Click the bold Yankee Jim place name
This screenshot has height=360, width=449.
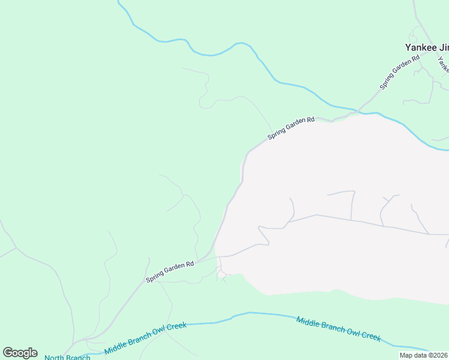point(427,47)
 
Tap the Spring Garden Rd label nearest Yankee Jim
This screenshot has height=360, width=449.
point(399,73)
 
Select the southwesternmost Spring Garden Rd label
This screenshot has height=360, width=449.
point(171,272)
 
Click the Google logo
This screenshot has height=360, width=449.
point(20,353)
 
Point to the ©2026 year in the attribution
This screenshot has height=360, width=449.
point(438,355)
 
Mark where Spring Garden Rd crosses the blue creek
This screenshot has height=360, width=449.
point(358,112)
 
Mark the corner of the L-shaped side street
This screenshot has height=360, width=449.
point(353,192)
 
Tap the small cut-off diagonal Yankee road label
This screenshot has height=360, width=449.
point(443,62)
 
